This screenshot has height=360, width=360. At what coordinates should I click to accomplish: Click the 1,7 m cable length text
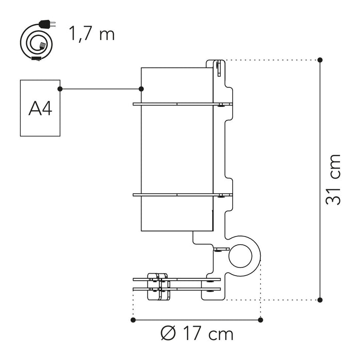click(92, 34)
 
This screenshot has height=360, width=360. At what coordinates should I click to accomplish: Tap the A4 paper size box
click(40, 108)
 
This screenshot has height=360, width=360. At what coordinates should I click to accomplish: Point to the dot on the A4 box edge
click(60, 89)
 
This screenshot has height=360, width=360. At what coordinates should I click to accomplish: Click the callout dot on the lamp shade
click(141, 89)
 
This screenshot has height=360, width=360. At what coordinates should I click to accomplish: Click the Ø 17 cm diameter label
click(197, 334)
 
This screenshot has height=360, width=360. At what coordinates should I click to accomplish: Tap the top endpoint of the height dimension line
click(320, 60)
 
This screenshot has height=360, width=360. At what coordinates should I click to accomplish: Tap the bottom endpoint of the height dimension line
click(320, 299)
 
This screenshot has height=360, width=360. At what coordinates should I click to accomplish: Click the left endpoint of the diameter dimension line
click(133, 320)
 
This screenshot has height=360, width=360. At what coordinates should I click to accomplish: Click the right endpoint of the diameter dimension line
click(261, 320)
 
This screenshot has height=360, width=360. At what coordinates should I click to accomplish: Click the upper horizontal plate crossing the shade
click(175, 104)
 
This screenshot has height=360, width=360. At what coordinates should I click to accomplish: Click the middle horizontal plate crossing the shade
click(175, 195)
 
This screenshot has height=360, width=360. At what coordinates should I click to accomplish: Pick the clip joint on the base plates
click(157, 286)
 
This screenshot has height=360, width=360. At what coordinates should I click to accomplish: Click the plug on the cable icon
click(45, 25)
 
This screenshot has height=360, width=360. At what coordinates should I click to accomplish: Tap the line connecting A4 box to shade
click(101, 89)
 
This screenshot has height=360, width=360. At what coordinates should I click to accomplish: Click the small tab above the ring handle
click(221, 249)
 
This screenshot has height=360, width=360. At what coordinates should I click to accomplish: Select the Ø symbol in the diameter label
click(167, 334)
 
